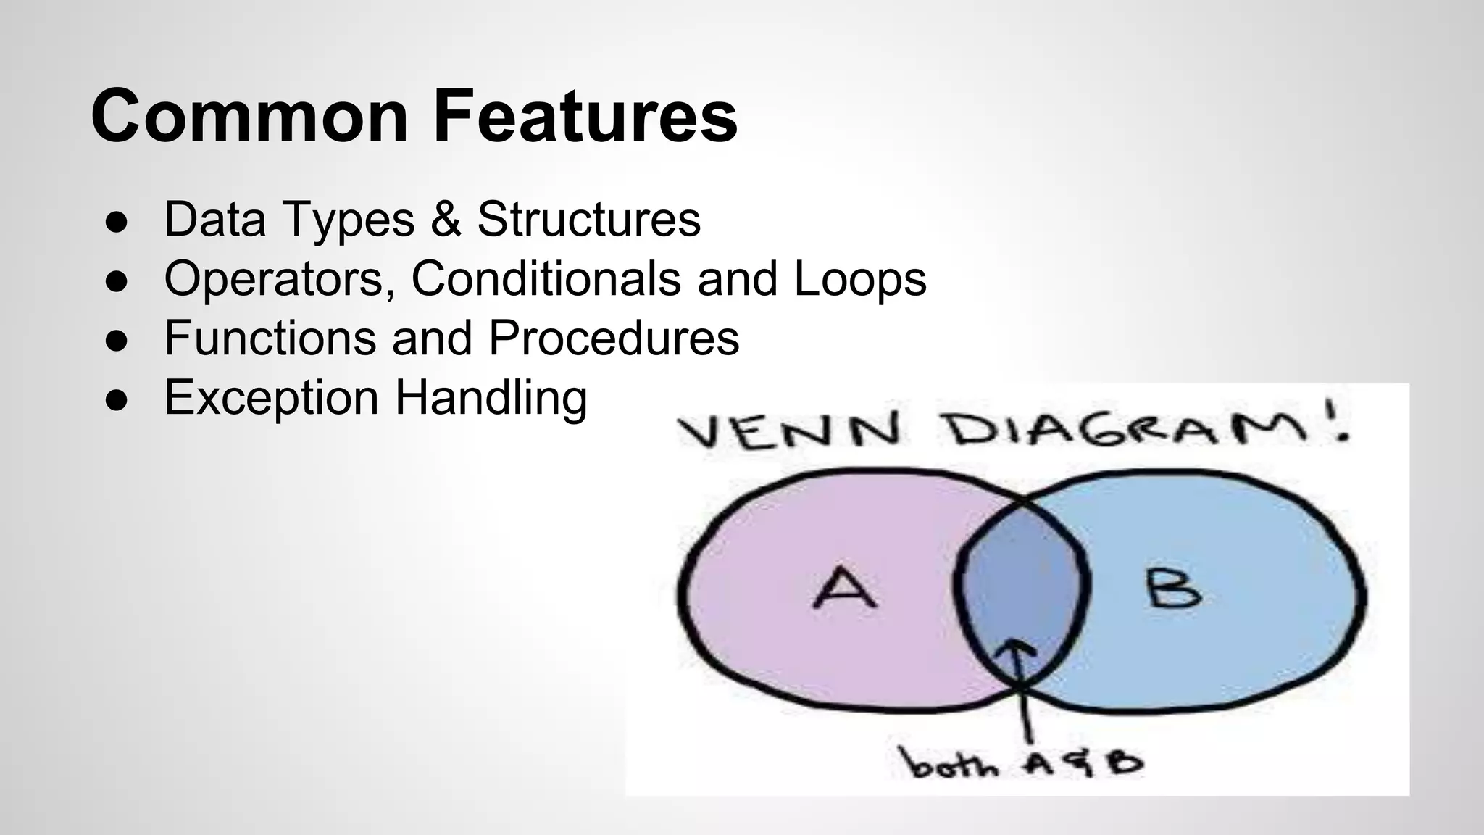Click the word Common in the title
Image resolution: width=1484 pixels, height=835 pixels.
point(250,116)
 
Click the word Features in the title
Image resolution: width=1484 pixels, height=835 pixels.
point(585,116)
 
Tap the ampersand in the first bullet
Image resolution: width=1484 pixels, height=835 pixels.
point(446,219)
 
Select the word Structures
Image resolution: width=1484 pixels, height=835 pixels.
point(588,219)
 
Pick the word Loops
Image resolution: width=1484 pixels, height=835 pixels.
point(860,279)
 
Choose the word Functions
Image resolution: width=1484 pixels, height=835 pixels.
point(270,338)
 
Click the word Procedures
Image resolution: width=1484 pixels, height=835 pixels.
point(613,338)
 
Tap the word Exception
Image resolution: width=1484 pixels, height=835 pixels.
point(272,398)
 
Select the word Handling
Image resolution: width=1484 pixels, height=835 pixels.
point(491,398)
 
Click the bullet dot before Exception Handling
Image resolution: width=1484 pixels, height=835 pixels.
point(117,400)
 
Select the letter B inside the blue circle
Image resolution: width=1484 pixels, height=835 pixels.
point(1173,588)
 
